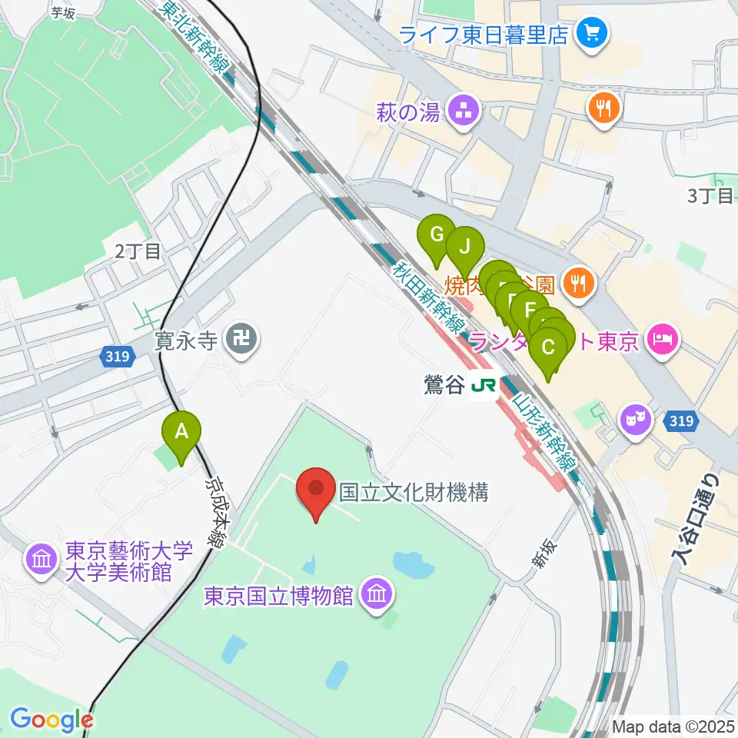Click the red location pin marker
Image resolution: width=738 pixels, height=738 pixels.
(x=316, y=493)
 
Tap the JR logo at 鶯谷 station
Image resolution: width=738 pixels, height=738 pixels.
(x=484, y=384)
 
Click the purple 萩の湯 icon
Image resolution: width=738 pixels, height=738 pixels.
(x=464, y=112)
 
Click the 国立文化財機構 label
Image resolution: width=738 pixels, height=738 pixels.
(x=414, y=493)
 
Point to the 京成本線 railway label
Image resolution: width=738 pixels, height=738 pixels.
(x=214, y=514)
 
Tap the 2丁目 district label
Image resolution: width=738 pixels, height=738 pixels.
(x=138, y=251)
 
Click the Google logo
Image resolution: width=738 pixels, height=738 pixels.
(x=51, y=719)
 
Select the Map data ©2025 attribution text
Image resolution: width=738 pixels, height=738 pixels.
(x=672, y=726)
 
